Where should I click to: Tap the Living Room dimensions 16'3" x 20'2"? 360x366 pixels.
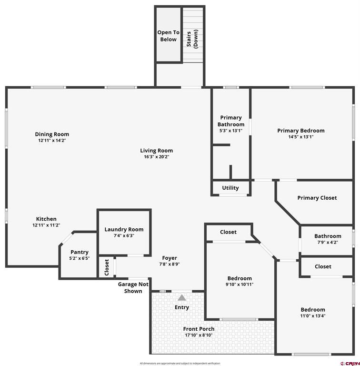(156, 157)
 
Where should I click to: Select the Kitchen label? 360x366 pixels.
(46, 219)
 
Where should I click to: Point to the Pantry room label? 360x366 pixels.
(79, 252)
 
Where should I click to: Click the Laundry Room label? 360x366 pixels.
(124, 230)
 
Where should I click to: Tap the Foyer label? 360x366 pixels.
(169, 258)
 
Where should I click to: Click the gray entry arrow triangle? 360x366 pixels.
(182, 298)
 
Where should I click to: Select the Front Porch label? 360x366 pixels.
(199, 329)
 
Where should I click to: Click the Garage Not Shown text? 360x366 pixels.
(133, 287)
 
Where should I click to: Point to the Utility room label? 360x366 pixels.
(230, 188)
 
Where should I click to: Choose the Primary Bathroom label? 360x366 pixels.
(231, 121)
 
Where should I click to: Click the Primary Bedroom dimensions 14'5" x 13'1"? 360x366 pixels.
(301, 137)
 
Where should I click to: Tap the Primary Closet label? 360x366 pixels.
(317, 198)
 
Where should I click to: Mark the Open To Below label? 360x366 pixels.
(168, 36)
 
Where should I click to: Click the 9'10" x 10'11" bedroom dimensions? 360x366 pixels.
(240, 285)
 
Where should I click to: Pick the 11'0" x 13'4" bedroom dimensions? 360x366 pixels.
(313, 315)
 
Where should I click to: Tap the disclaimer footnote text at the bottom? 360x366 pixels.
(180, 363)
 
